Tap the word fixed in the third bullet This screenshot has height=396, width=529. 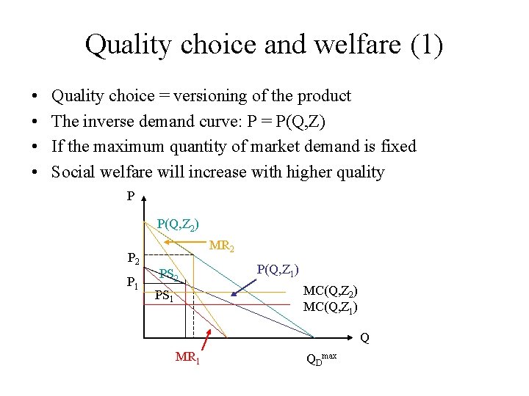coord(398,147)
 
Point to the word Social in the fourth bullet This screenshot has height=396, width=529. coord(76,172)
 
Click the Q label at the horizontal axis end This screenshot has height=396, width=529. coord(365,338)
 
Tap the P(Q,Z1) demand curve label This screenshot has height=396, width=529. coord(278,270)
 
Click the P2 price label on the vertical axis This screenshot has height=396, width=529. coord(133,259)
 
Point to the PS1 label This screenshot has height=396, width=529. coord(164,296)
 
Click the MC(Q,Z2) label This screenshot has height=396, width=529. coord(331,291)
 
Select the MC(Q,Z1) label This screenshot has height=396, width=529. coord(331,307)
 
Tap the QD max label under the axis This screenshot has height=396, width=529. coord(322,359)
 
